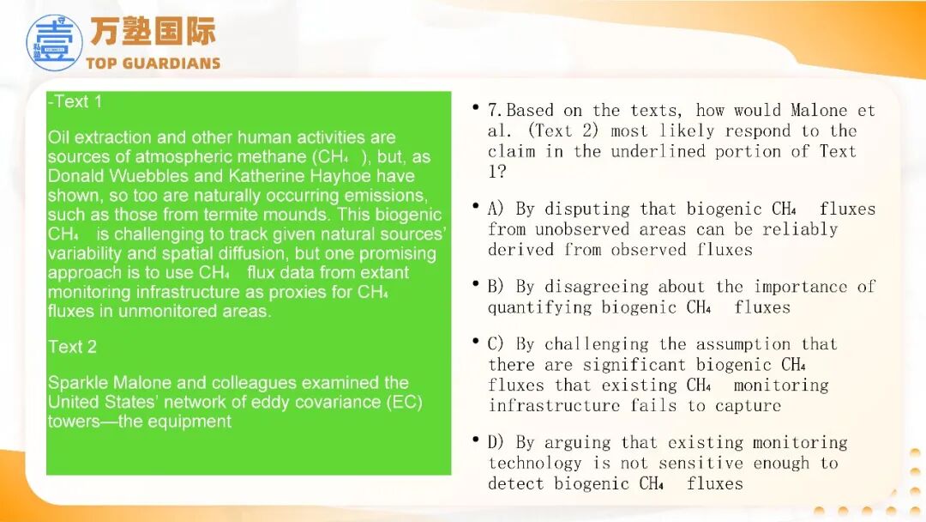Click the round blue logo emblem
click(54, 43)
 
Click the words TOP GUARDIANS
click(153, 64)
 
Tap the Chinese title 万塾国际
click(153, 31)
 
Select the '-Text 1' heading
click(75, 101)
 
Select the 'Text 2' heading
click(72, 346)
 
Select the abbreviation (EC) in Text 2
click(405, 402)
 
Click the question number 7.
click(495, 111)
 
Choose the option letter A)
click(496, 209)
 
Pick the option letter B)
click(496, 287)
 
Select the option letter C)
click(496, 344)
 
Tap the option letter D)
click(496, 443)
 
